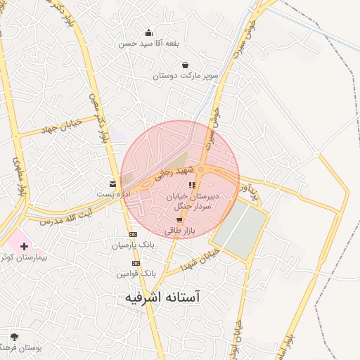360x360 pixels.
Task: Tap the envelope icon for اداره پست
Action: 113,184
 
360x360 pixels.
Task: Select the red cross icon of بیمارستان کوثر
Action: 25,246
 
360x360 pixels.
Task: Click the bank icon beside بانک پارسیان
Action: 133,235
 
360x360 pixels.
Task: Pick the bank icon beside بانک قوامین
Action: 136,262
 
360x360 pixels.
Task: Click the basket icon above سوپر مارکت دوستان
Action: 185,65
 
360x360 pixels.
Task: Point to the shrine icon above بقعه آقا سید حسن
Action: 148,32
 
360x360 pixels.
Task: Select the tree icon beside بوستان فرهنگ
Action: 14,337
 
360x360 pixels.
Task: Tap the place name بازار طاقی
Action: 179,231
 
